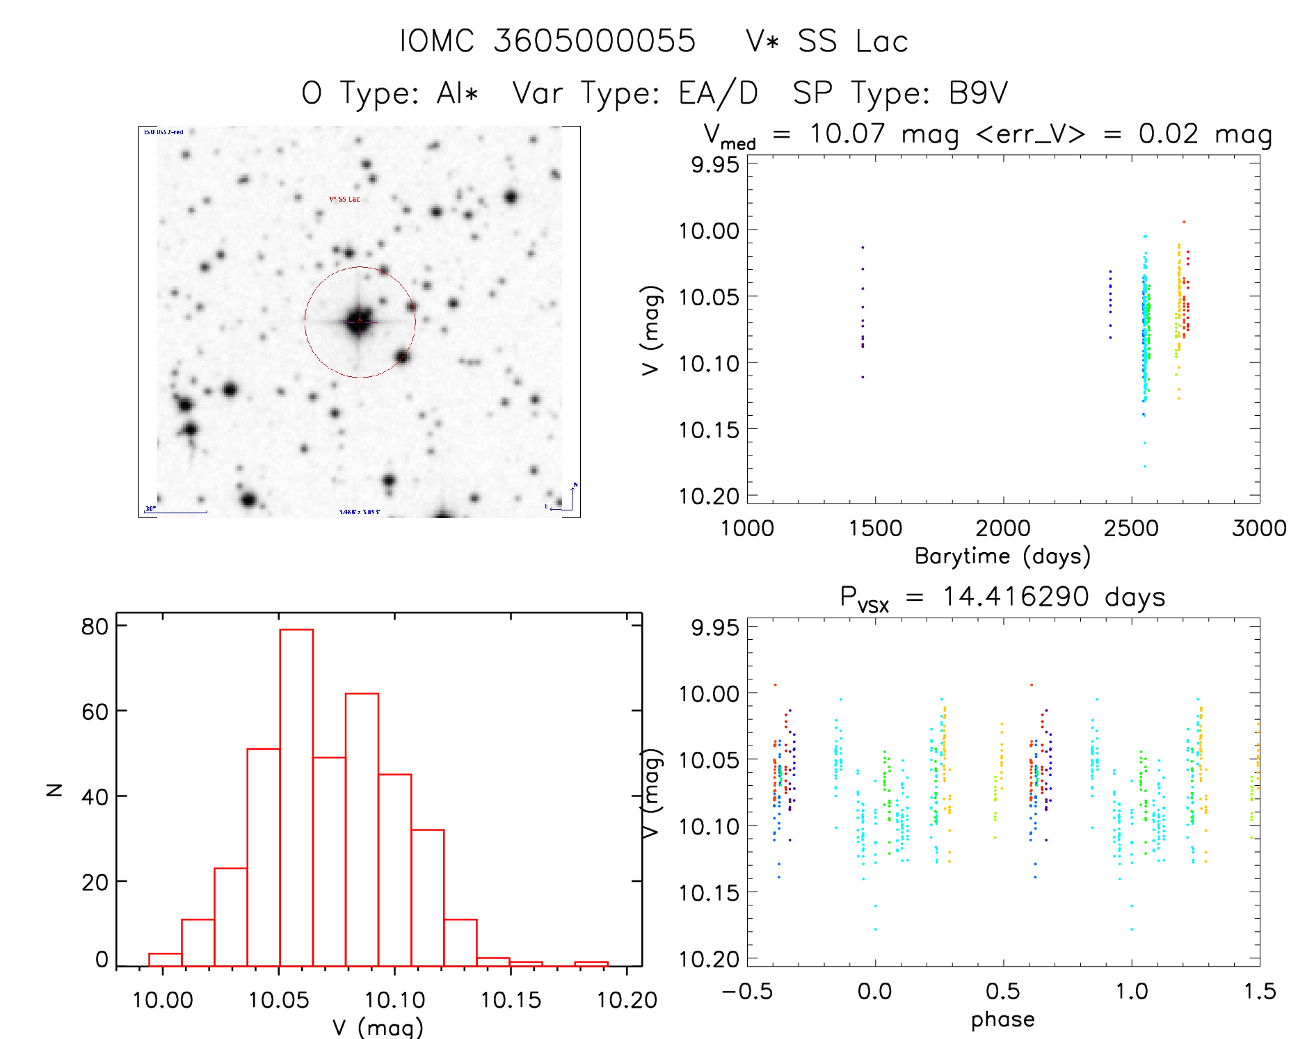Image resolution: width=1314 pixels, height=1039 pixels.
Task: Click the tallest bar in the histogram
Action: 296,796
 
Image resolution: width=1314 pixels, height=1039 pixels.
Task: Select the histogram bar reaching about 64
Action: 362,828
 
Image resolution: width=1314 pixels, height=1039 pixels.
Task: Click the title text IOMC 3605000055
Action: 547,41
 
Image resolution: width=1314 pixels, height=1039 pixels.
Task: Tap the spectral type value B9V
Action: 978,93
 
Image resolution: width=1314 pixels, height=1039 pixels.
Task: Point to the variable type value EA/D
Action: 718,93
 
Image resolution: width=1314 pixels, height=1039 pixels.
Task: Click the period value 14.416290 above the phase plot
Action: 1016,597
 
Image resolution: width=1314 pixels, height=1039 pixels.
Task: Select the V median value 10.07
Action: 847,134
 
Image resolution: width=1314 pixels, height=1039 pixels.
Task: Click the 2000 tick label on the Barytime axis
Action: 1002,529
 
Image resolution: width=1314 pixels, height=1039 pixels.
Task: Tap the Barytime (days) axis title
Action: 1002,556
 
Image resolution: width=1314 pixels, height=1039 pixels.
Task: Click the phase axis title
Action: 1002,1020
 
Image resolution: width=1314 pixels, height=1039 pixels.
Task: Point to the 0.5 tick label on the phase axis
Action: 1002,991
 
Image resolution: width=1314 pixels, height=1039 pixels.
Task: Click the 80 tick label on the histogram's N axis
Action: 95,627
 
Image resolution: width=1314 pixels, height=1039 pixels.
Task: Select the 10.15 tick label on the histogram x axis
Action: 511,1000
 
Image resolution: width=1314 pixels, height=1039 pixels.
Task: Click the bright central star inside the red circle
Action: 359,321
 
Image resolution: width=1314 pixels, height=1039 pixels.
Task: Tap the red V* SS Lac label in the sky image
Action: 344,200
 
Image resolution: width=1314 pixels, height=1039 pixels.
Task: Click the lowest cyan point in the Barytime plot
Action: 1144,467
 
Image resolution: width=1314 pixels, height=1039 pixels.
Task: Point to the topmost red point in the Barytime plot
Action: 1184,222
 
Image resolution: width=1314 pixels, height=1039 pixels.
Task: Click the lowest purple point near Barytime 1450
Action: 863,377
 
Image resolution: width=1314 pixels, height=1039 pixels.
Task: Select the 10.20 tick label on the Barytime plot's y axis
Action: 709,496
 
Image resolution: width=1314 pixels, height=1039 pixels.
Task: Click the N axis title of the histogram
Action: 54,789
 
